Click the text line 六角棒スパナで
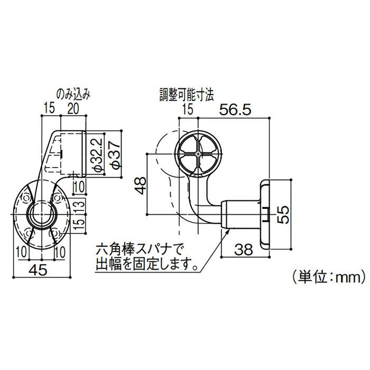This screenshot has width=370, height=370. [138, 248]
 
